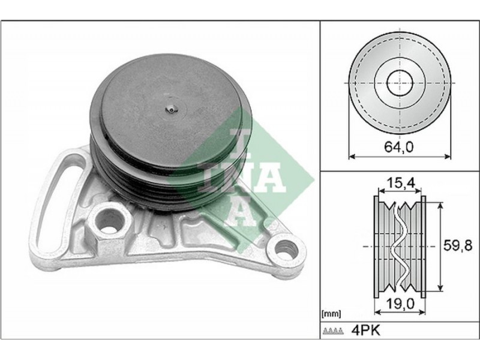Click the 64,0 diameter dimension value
(399, 147)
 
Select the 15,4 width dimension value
(400, 183)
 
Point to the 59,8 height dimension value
(458, 245)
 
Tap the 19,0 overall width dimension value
(400, 304)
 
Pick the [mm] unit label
(331, 314)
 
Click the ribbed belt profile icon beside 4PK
(334, 331)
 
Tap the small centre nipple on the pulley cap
(170, 108)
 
